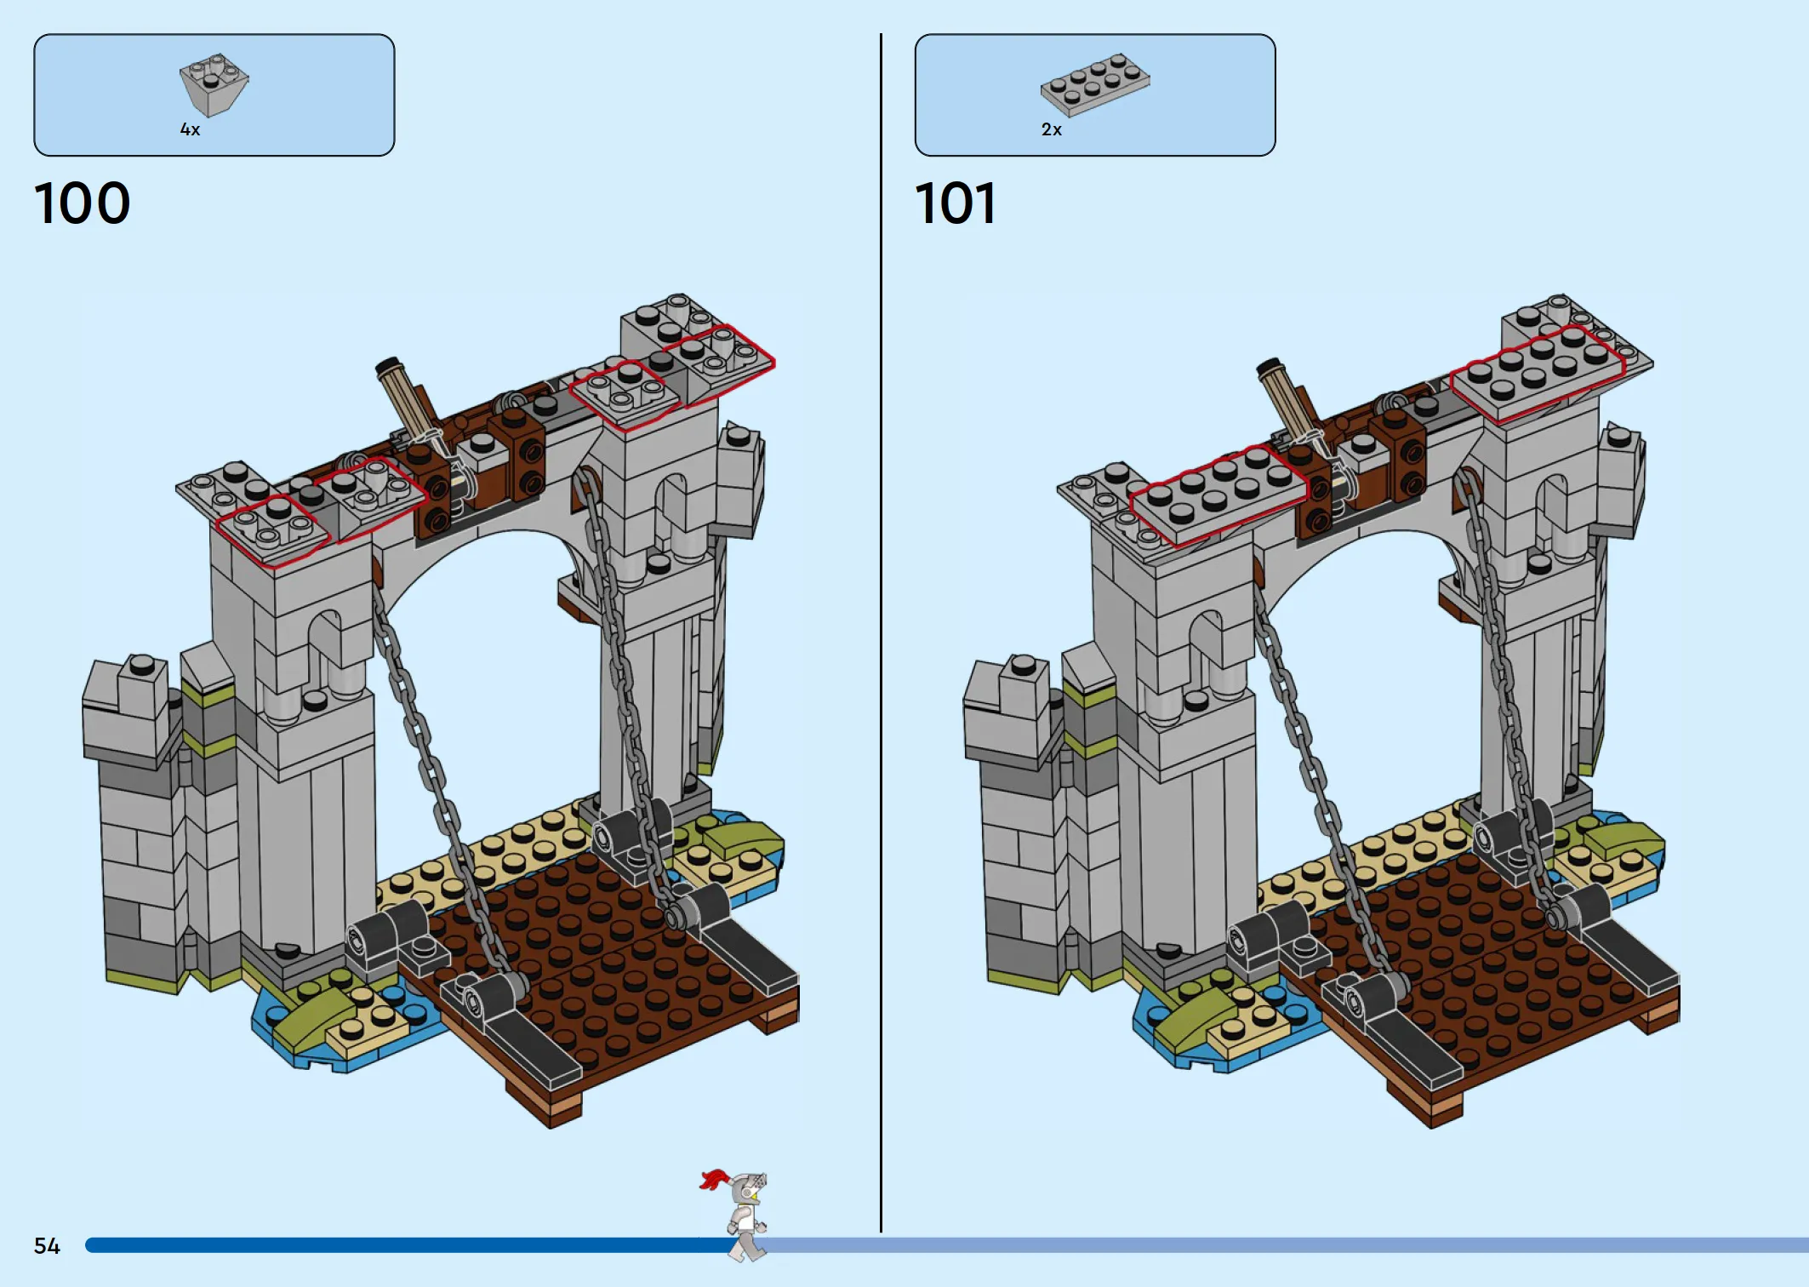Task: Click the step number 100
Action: pos(82,203)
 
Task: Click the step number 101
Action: pos(955,203)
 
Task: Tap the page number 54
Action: pos(47,1246)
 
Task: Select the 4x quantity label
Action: pos(190,129)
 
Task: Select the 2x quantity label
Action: pos(1052,129)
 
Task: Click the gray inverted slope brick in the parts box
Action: pos(214,84)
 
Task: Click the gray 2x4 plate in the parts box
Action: pos(1095,83)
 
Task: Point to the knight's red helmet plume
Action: pos(714,1180)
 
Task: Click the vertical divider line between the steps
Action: pos(881,632)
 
